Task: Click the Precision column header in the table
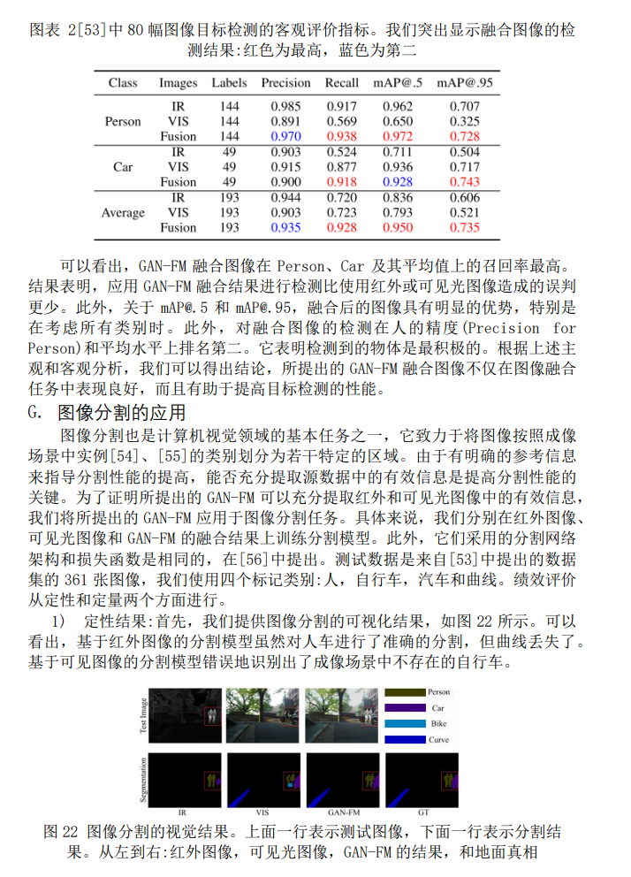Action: pos(285,83)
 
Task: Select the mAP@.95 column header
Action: pos(466,83)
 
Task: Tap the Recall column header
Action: pos(342,83)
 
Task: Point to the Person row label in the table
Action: pos(123,122)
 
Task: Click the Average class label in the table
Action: pos(123,212)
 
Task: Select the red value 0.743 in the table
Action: pos(466,182)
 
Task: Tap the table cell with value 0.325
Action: pos(466,122)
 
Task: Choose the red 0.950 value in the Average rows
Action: pos(398,227)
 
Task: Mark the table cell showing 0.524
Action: pos(342,152)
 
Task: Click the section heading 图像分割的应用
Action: pos(121,412)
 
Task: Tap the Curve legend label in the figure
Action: pos(440,739)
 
